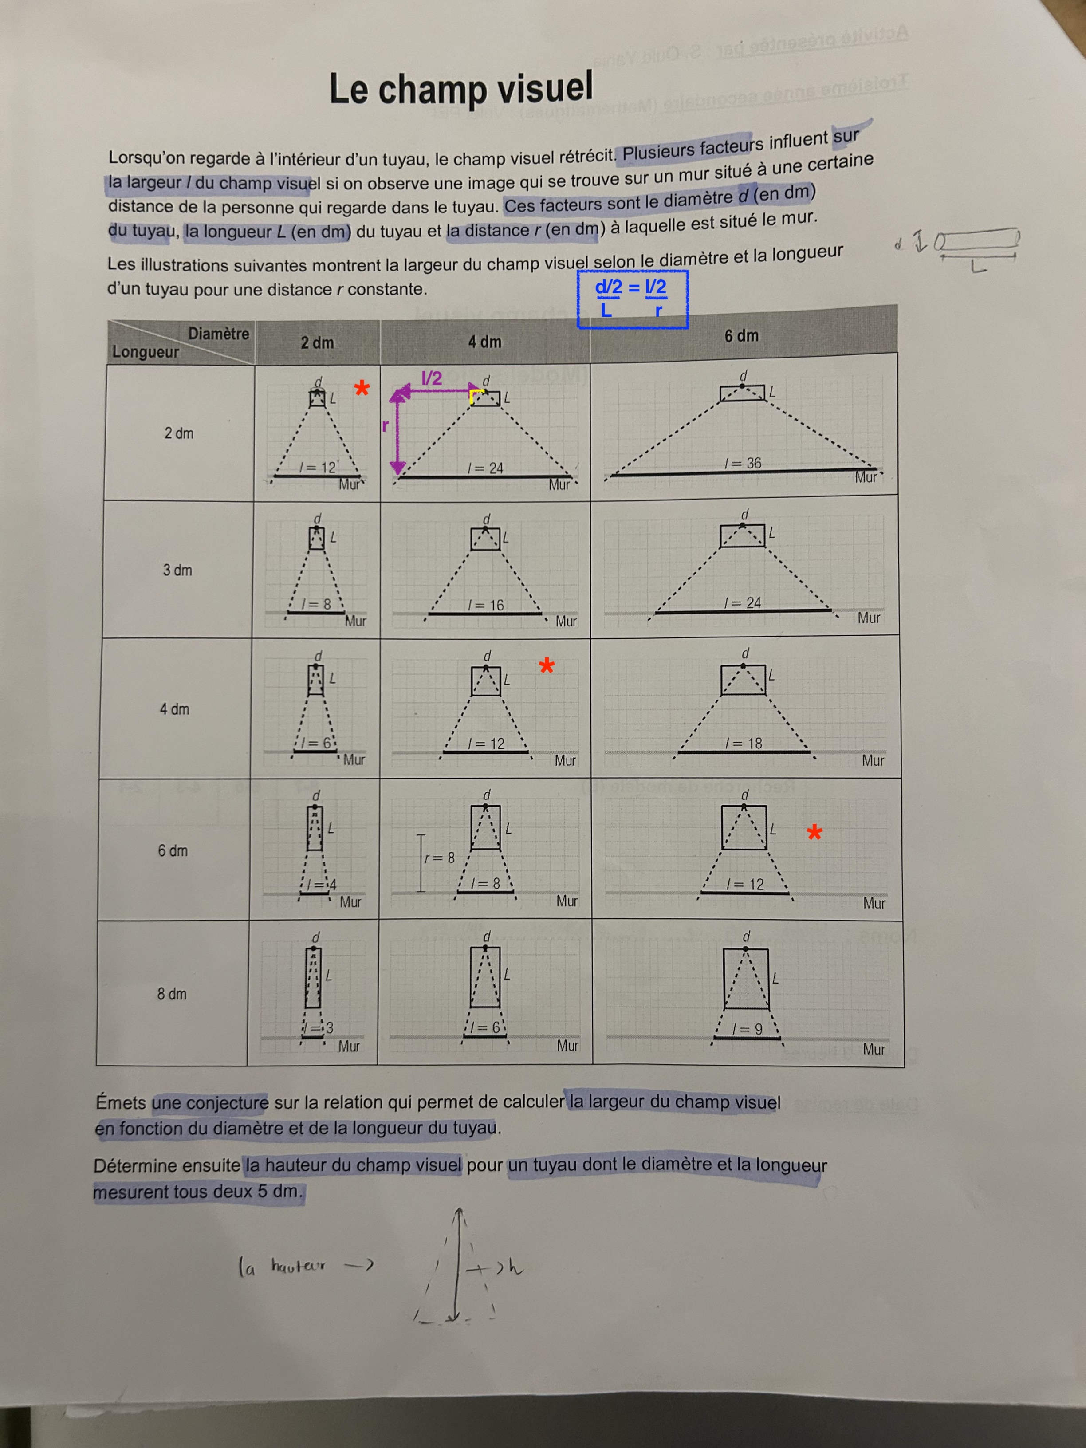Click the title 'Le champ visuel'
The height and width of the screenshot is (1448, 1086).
pos(461,89)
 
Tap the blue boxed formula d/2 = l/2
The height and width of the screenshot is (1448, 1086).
pos(632,299)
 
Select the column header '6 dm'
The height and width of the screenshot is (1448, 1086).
pos(742,336)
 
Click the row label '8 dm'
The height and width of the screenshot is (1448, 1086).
pos(172,994)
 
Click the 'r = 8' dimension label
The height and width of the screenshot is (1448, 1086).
pos(439,858)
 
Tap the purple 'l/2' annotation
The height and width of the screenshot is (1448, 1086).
pos(431,378)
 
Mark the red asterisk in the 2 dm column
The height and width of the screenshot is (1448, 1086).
pos(362,389)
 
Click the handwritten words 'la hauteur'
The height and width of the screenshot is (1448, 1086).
pos(282,1268)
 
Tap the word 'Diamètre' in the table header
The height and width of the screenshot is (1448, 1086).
pos(219,334)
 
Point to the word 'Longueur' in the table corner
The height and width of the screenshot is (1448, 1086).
pos(146,351)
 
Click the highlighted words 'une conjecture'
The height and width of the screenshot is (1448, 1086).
pos(210,1103)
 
